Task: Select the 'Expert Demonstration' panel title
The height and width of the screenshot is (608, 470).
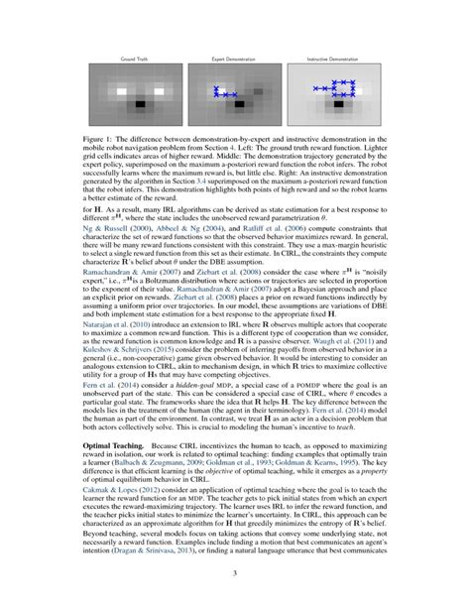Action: tap(234, 61)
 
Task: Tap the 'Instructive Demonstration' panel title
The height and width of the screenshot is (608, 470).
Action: tap(333, 61)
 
